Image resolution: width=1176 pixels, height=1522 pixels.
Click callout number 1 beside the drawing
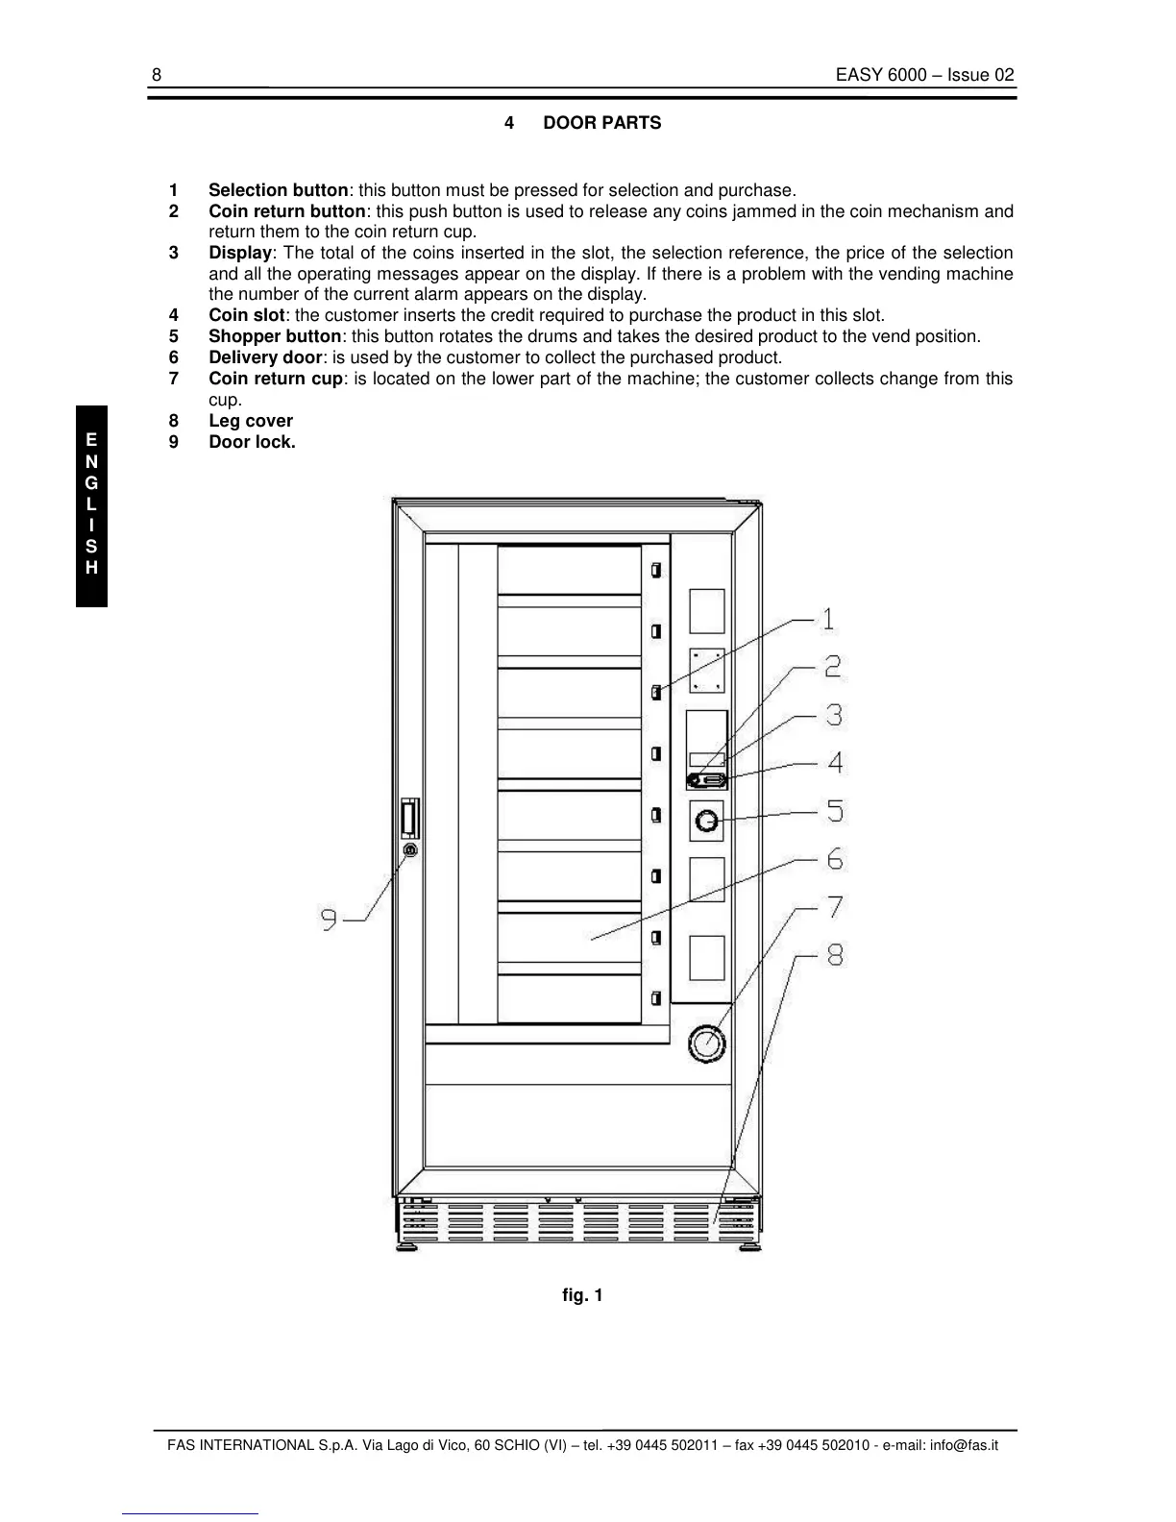827,620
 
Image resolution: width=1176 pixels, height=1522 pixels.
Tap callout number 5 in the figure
835,811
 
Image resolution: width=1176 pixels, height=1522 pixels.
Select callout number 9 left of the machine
329,921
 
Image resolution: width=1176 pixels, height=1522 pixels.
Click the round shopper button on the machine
706,822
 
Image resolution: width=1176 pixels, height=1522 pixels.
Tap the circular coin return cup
706,1043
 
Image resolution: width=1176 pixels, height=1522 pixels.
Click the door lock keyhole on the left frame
410,850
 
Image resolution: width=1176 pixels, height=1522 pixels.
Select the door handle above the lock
410,819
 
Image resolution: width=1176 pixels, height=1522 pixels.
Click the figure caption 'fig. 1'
582,1295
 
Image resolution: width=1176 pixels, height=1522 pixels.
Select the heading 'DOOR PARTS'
602,123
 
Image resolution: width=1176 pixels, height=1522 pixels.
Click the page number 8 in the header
157,76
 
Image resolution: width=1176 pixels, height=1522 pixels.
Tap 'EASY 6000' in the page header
874,76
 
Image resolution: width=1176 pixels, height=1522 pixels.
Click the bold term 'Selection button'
278,190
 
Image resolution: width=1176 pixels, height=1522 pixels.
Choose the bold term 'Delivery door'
265,357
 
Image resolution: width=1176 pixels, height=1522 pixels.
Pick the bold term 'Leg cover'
251,421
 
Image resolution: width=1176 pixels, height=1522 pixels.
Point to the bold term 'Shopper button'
275,336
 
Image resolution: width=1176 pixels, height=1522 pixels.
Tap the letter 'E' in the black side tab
91,440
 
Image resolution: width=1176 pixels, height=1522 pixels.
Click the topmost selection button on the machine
656,571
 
